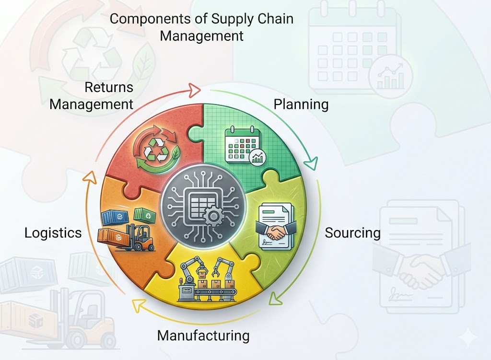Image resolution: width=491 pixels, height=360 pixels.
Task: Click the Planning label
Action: click(x=301, y=105)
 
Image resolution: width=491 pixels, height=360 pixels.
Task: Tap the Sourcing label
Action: click(x=352, y=233)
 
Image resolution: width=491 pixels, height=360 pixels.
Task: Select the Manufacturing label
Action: click(x=203, y=336)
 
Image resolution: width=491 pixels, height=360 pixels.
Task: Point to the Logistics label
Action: click(x=53, y=233)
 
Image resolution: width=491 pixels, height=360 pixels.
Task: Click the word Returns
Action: click(x=109, y=87)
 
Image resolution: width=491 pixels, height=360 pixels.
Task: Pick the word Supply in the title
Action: click(x=232, y=19)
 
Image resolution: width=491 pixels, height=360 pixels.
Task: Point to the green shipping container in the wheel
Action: click(x=145, y=215)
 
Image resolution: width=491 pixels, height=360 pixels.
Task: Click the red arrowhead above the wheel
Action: click(x=194, y=90)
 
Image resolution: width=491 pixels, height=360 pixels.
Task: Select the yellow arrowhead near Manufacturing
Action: click(x=138, y=305)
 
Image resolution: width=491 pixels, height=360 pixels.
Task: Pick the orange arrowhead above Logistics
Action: click(x=90, y=177)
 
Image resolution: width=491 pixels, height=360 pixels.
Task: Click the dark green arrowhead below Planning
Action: click(x=311, y=163)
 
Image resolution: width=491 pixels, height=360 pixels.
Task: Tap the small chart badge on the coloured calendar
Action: click(x=257, y=157)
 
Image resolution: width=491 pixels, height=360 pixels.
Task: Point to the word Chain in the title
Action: click(x=275, y=19)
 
